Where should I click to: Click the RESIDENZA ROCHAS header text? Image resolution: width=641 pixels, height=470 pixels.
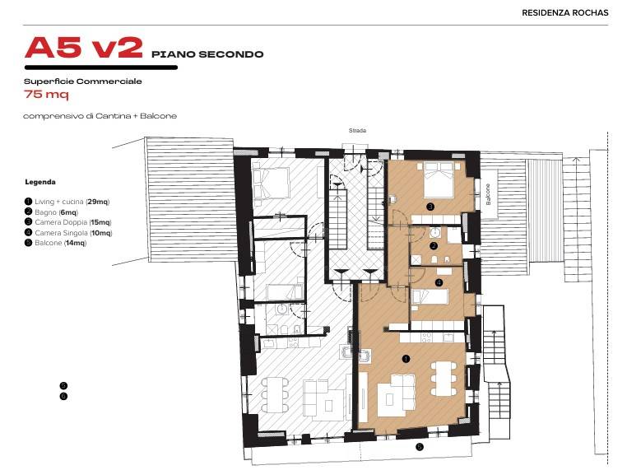(565, 12)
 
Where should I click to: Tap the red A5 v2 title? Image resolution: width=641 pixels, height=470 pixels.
(84, 48)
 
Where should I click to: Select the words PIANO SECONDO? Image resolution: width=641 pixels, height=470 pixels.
(207, 54)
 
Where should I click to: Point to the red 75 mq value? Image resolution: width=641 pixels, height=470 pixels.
(46, 95)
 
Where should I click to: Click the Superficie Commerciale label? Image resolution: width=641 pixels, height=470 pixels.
(83, 81)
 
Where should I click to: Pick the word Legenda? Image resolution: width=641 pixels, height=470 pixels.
(40, 182)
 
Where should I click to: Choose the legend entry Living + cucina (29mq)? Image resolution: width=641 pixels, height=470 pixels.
(67, 202)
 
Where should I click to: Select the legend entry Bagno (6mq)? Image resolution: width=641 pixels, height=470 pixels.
(51, 212)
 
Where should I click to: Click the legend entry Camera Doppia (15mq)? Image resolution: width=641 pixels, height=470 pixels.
(67, 222)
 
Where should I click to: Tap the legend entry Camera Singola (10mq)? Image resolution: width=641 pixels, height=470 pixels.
(68, 233)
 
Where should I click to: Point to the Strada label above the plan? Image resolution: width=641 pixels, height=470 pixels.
(357, 131)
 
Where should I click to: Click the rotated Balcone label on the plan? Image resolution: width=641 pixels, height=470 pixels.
(488, 194)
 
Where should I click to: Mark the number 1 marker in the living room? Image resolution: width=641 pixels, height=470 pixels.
(406, 359)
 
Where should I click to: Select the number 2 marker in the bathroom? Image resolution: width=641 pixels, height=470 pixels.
(434, 246)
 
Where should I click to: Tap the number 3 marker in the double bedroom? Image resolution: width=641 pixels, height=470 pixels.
(430, 207)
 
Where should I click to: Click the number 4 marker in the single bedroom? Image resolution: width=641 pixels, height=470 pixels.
(439, 282)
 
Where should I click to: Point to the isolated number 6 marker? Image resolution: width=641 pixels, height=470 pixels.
(63, 397)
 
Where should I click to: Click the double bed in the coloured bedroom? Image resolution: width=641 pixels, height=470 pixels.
(439, 180)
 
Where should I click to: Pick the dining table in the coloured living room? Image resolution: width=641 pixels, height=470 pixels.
(444, 379)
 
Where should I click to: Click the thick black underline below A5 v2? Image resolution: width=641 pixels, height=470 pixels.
(101, 67)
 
